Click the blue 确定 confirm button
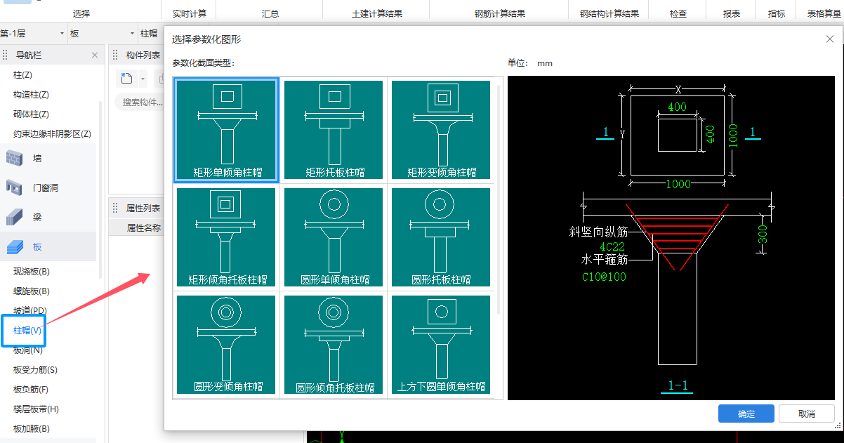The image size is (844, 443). (x=746, y=414)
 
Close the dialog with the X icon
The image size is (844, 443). (x=830, y=39)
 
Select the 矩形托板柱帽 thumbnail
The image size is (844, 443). (x=334, y=130)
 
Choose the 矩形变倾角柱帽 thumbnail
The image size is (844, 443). (x=441, y=130)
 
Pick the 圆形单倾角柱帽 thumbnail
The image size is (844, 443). (x=334, y=237)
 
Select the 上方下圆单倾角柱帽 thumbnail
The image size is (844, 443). (x=441, y=345)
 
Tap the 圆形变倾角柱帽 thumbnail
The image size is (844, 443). (x=226, y=345)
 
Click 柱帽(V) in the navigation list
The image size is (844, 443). (x=27, y=331)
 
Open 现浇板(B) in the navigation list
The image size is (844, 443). (x=32, y=272)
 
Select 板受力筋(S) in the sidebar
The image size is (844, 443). (x=35, y=370)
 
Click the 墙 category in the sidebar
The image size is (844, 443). (x=37, y=158)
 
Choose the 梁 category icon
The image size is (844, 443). (x=14, y=217)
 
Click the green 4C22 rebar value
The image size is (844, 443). (x=612, y=246)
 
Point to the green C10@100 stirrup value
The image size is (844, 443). (x=604, y=277)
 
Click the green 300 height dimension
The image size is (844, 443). (x=763, y=234)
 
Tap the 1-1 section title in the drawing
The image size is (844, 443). (x=678, y=385)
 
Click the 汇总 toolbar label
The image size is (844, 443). (x=270, y=13)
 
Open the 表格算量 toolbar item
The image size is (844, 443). (x=824, y=13)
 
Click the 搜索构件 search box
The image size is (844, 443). (x=141, y=102)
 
